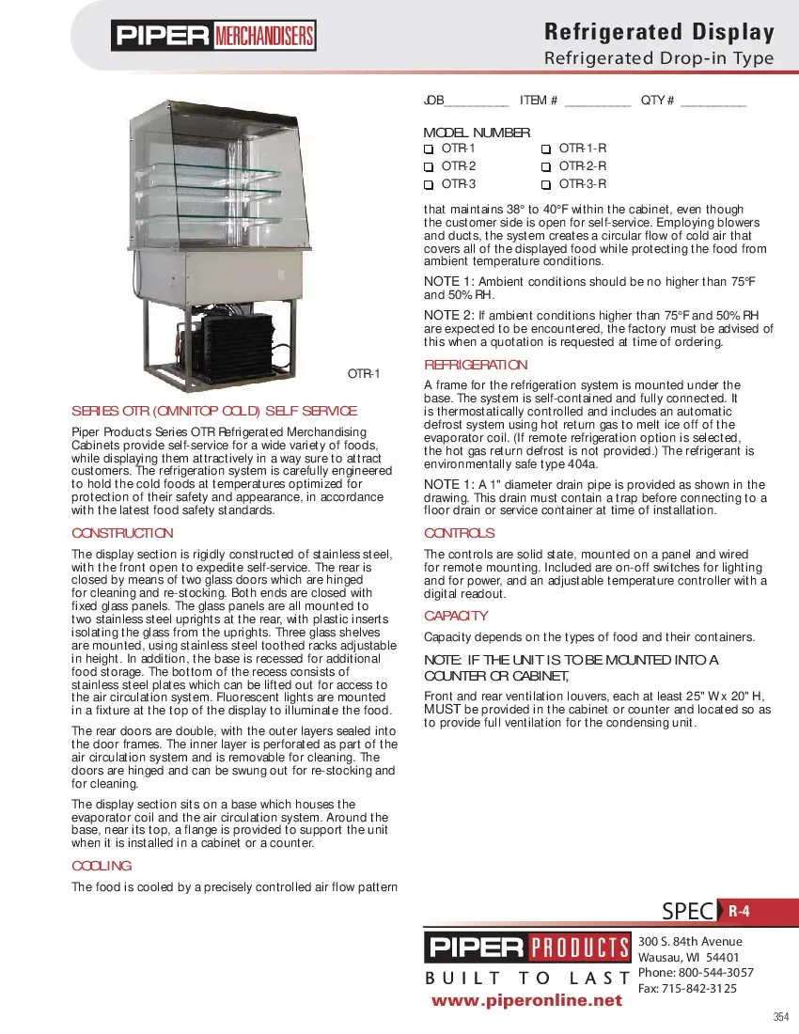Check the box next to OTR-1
click(x=429, y=149)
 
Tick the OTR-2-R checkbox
click(x=545, y=166)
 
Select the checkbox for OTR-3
click(x=429, y=184)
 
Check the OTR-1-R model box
click(x=545, y=149)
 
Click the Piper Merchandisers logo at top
click(x=214, y=37)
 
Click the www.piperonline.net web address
click(x=526, y=1000)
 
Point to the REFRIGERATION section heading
click(x=477, y=365)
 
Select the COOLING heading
click(x=102, y=865)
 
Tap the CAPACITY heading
click(x=456, y=616)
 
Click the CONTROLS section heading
click(x=460, y=533)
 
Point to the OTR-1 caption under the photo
click(x=364, y=373)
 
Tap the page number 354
click(x=780, y=1017)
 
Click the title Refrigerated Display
click(x=659, y=33)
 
